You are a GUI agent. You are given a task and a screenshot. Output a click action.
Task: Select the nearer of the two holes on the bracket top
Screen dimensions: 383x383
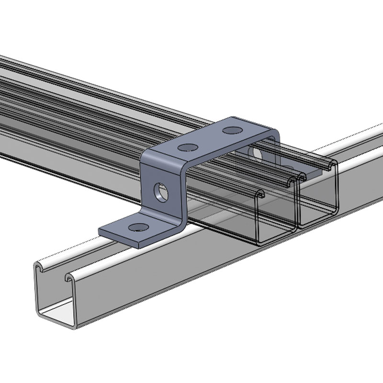(188, 147)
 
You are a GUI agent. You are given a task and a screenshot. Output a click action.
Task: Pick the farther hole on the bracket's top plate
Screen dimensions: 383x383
(232, 130)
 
